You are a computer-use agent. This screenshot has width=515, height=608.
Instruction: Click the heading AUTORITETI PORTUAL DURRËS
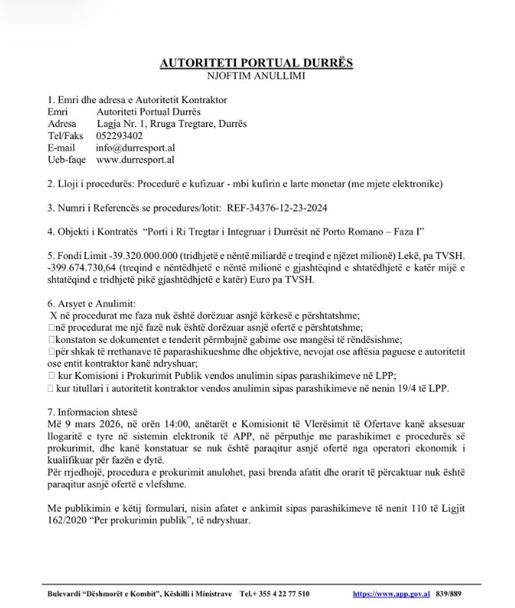[x=257, y=63]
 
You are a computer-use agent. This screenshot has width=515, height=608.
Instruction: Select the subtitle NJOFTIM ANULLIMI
[x=257, y=76]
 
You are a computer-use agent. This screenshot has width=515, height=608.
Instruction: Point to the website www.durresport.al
[x=135, y=160]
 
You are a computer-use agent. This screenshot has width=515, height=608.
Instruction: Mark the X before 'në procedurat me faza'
[x=52, y=315]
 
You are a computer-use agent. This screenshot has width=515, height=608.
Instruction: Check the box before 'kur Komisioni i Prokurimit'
[x=51, y=375]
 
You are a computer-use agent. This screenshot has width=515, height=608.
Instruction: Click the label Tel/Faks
[x=65, y=135]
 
